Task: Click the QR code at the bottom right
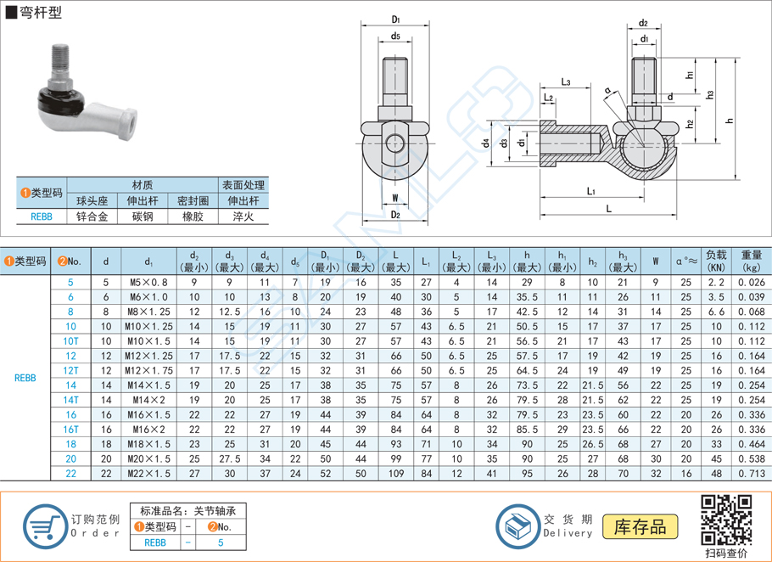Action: click(726, 519)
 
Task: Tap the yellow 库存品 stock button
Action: click(640, 526)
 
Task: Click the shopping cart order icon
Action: click(43, 526)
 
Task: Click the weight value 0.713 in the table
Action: click(752, 473)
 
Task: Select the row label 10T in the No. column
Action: click(70, 340)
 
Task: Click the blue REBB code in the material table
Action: click(41, 216)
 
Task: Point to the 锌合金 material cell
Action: click(92, 216)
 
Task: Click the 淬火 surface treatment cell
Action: click(243, 216)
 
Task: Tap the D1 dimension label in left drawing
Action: click(396, 20)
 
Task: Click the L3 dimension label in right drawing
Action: click(565, 81)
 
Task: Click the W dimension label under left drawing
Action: click(395, 199)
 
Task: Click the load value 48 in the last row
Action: click(716, 473)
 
